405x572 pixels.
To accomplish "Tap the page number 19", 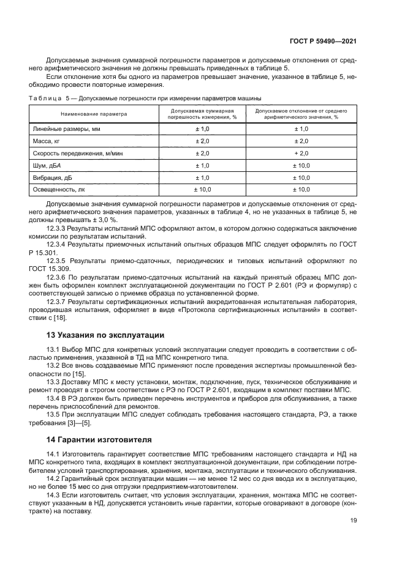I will click(354, 521).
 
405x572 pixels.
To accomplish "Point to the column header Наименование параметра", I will click(93, 114).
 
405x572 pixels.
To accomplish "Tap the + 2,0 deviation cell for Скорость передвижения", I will click(301, 154).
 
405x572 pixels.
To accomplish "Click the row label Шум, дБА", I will click(46, 166).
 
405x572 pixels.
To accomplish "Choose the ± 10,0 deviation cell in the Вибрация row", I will click(301, 177).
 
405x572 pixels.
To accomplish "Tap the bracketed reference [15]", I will click(78, 374).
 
